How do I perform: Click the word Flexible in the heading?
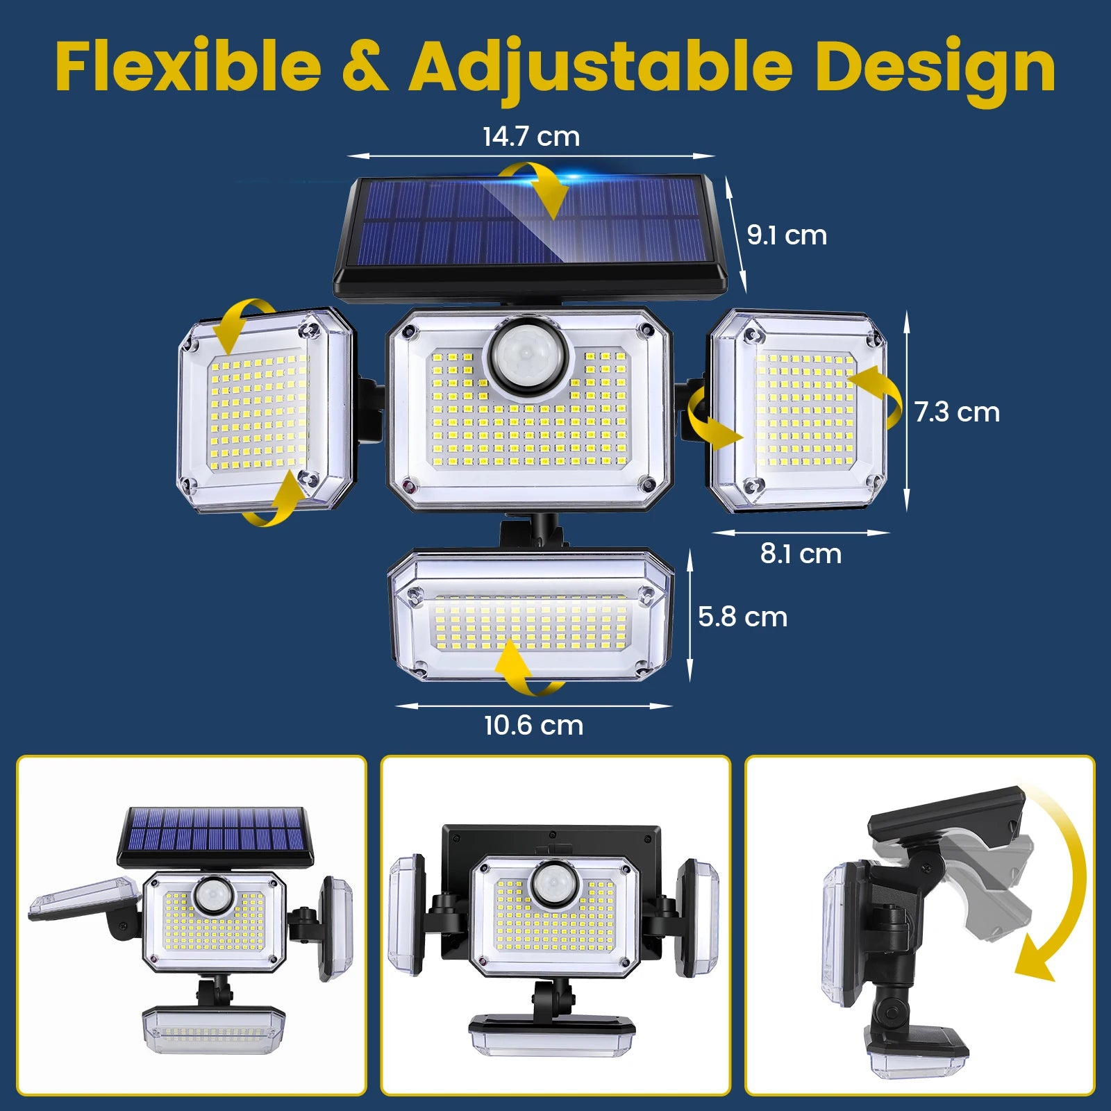pos(188,67)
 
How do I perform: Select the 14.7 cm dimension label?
pos(531,137)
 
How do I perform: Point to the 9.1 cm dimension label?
pos(787,235)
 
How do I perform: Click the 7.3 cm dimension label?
pos(957,412)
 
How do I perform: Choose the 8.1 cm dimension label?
pos(801,554)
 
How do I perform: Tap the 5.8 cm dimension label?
pos(742,617)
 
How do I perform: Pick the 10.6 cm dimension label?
pos(533,726)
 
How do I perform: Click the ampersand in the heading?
pos(365,68)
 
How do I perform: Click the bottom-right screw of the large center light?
pos(648,484)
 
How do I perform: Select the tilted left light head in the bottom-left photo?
pos(82,899)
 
